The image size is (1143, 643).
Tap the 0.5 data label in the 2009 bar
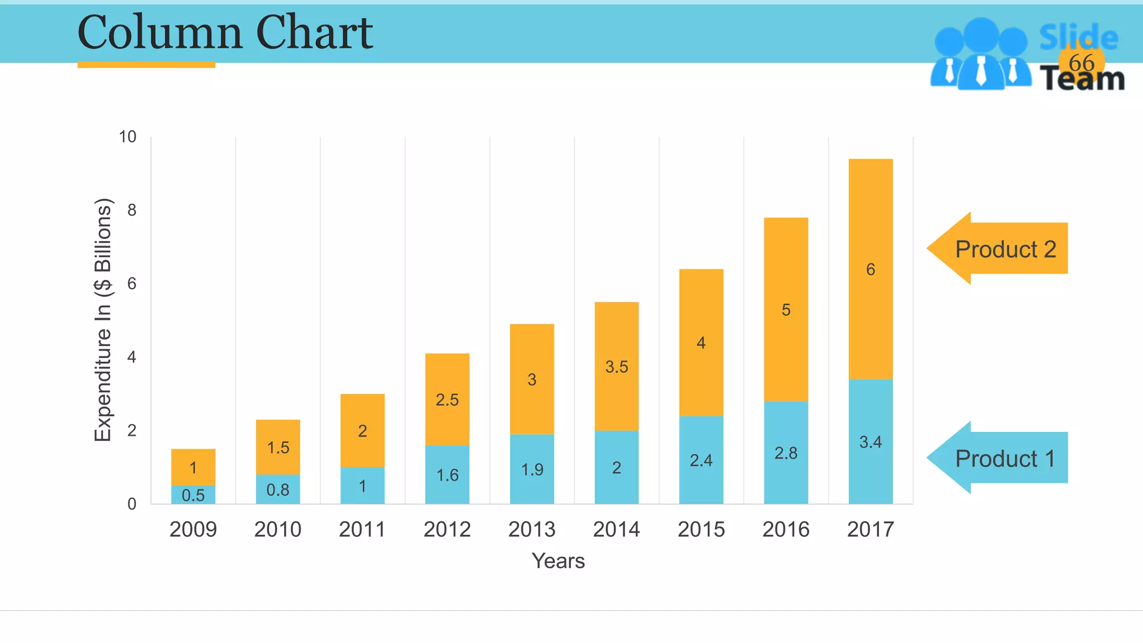point(193,495)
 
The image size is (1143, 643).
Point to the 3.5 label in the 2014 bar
point(617,367)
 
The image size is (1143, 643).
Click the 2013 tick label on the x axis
point(531,529)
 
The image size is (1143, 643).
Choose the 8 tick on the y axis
point(132,210)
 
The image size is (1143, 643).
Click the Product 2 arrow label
point(1005,249)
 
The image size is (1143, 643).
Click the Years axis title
point(558,561)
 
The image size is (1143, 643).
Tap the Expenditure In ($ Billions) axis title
point(103,320)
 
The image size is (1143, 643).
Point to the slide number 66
point(1081,63)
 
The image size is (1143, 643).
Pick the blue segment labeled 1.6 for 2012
point(447,475)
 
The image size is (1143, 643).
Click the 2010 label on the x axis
point(277,529)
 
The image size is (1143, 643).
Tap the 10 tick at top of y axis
point(128,137)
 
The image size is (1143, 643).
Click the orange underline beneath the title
point(146,65)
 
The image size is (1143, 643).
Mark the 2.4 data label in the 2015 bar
point(701,460)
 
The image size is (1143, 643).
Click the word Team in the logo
point(1082,80)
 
